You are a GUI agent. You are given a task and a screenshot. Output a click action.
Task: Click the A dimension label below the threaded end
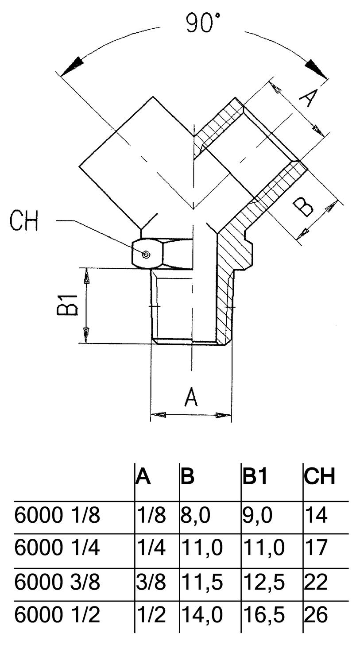pos(191,397)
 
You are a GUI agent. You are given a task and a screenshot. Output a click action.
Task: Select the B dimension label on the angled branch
pos(304,206)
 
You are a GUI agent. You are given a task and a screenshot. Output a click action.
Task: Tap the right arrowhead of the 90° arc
pos(316,67)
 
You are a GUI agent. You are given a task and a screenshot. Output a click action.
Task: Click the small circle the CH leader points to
pos(146,254)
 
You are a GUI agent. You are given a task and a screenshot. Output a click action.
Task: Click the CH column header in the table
pos(319,476)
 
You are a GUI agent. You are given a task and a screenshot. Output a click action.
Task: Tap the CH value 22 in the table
pos(316,582)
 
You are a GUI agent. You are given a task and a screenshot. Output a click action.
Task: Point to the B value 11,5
pos(201,582)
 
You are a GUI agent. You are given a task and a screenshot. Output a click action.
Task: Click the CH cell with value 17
pos(316,548)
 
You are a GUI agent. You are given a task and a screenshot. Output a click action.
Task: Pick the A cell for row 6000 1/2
pos(151,614)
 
